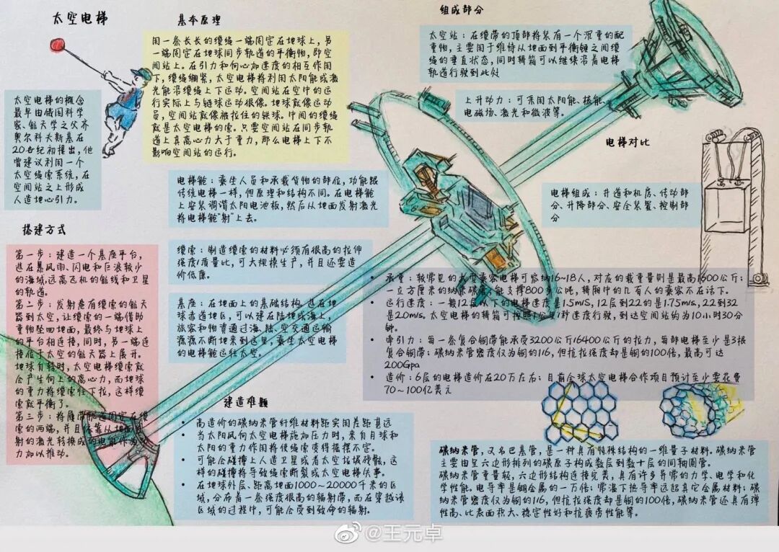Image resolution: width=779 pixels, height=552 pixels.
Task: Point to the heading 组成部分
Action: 462,11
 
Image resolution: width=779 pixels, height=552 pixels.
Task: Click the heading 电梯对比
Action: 628,143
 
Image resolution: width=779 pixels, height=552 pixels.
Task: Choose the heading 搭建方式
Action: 45,231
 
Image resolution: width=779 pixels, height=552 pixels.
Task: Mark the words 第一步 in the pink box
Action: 31,255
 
